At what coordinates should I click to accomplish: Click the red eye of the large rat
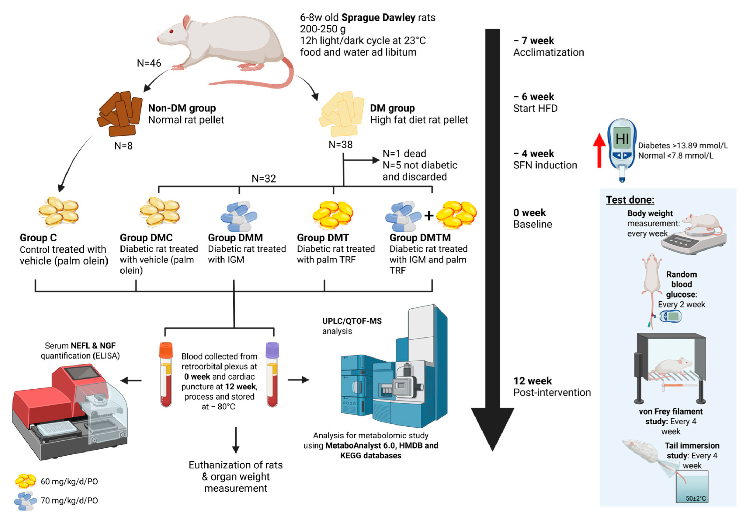(x=171, y=31)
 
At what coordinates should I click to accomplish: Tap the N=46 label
(x=149, y=63)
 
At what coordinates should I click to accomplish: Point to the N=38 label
(x=340, y=144)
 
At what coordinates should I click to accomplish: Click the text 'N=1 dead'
(x=404, y=153)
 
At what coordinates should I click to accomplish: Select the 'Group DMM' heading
(x=235, y=238)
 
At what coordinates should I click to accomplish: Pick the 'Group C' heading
(x=38, y=238)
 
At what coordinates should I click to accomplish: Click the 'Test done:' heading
(x=630, y=200)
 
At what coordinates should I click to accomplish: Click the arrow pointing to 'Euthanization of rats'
(x=236, y=440)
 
